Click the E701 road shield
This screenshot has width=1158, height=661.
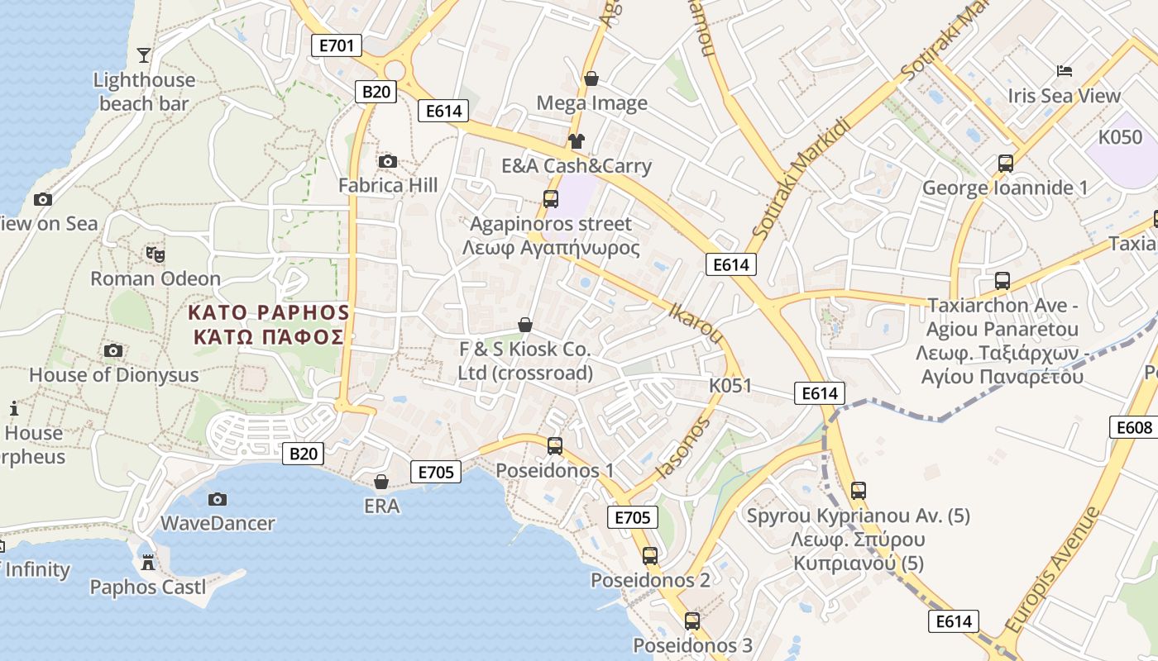pyautogui.click(x=337, y=45)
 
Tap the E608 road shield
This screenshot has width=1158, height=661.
pyautogui.click(x=1134, y=427)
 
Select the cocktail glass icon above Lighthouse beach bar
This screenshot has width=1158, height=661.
pyautogui.click(x=144, y=55)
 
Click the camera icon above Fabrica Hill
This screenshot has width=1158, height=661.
pyautogui.click(x=387, y=161)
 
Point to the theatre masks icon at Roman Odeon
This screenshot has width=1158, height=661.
pyautogui.click(x=153, y=254)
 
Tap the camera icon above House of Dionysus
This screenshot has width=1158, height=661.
pyautogui.click(x=113, y=350)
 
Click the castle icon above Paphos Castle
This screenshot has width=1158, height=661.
pyautogui.click(x=148, y=563)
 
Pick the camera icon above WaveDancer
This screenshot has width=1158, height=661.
pyautogui.click(x=218, y=499)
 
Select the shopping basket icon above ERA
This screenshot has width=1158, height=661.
pyautogui.click(x=381, y=481)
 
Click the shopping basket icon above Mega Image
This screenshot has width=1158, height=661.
pyautogui.click(x=591, y=78)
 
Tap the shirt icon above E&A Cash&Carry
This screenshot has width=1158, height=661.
pyautogui.click(x=576, y=141)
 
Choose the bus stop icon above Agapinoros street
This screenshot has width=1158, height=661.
pyautogui.click(x=550, y=198)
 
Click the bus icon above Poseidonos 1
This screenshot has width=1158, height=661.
pyautogui.click(x=554, y=445)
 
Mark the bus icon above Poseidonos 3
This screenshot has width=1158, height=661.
pyautogui.click(x=692, y=621)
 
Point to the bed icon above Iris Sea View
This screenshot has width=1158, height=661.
pyautogui.click(x=1064, y=71)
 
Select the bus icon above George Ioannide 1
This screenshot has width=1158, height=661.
pyautogui.click(x=1005, y=163)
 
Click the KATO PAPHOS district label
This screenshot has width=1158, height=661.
pyautogui.click(x=269, y=324)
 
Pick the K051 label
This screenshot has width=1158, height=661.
pyautogui.click(x=730, y=385)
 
